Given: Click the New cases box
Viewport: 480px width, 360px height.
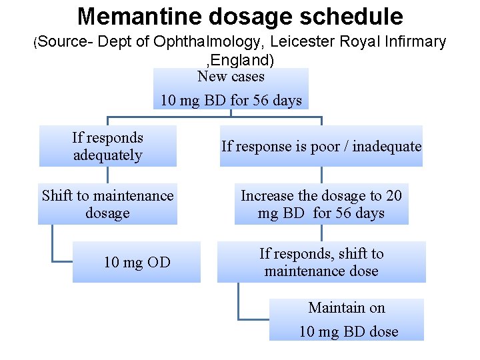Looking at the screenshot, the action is tap(231, 89).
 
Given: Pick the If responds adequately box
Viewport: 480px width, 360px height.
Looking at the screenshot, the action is tap(108, 146).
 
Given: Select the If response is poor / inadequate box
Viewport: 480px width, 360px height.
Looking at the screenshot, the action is tap(321, 146).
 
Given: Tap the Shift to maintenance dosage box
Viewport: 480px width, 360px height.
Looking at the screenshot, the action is tap(107, 204).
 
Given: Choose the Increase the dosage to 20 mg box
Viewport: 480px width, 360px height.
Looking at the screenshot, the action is tap(321, 204).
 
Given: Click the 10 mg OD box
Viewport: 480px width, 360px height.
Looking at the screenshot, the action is tap(137, 262).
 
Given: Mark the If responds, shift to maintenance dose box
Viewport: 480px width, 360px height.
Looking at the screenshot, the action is tap(321, 262).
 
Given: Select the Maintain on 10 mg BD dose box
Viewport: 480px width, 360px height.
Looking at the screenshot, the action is tap(347, 319).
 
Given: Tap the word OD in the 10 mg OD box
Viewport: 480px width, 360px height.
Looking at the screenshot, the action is tap(158, 262).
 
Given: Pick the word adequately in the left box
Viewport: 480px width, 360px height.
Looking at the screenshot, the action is tap(108, 155).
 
